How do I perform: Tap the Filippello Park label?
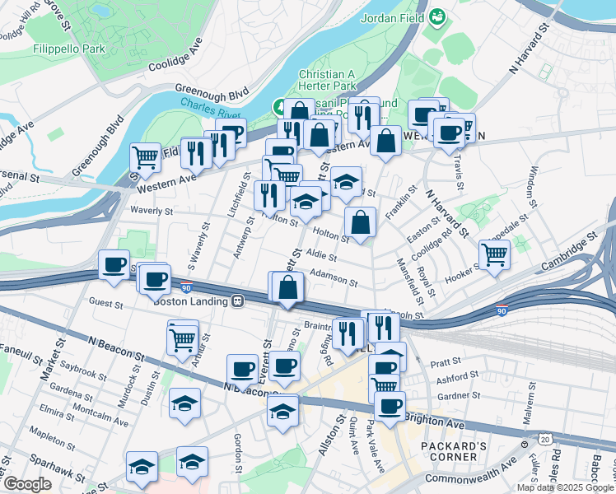(69, 49)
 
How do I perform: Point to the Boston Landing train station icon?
(237, 301)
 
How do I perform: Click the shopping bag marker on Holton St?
(361, 221)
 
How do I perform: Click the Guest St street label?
(105, 304)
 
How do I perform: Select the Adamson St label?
(334, 281)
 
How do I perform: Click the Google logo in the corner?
(27, 484)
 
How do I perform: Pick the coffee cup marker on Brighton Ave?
(390, 404)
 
